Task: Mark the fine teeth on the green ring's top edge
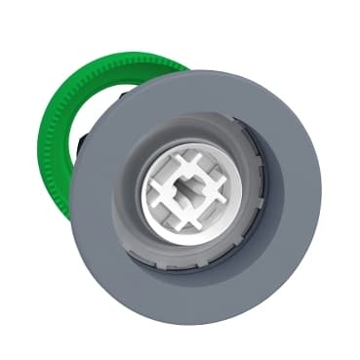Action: tap(117, 60)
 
